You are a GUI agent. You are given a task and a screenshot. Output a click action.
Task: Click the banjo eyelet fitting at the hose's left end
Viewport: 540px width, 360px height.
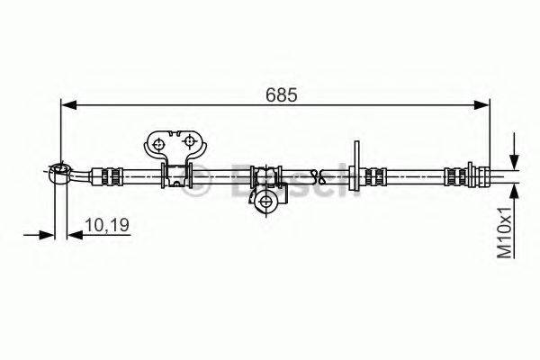click(x=60, y=172)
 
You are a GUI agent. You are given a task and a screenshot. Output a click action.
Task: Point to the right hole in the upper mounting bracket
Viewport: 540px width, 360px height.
click(x=189, y=142)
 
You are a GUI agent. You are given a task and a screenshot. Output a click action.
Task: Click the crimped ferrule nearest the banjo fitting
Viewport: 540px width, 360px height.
click(x=111, y=176)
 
